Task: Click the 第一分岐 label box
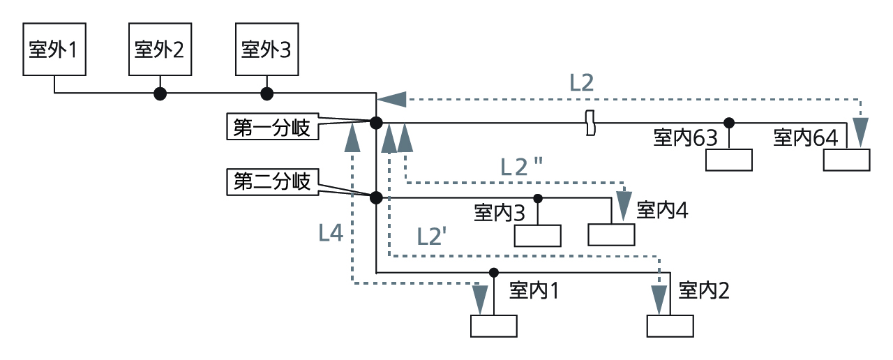[x=272, y=128]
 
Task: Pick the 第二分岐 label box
[x=272, y=183]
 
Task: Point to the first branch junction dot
[x=376, y=123]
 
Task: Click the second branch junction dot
[x=376, y=197]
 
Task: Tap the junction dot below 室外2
[x=160, y=93]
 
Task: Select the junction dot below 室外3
[x=266, y=93]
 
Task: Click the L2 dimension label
[x=581, y=82]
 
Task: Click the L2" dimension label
[x=522, y=166]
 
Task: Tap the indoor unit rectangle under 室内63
[x=729, y=160]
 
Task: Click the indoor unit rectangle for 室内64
[x=846, y=160]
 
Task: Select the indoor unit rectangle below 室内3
[x=538, y=236]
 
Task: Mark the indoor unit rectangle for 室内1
[x=494, y=326]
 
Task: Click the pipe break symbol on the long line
[x=590, y=123]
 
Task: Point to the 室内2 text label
[x=703, y=290]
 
